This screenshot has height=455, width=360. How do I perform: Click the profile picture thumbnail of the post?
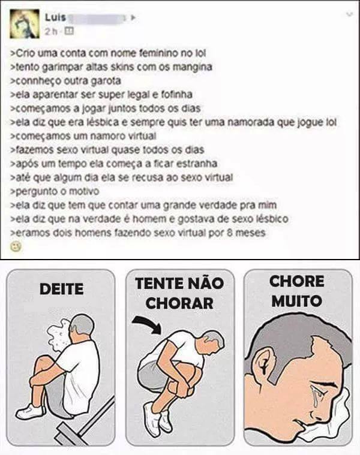point(25,24)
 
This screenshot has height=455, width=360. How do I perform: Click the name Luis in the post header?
point(55,18)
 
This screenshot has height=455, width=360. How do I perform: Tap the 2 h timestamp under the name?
point(51,31)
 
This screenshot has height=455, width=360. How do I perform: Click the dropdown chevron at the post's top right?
point(350,14)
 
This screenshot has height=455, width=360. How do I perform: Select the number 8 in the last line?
point(230,233)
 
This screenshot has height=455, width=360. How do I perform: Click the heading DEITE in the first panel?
point(62,289)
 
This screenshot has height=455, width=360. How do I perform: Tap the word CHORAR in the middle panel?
point(180,303)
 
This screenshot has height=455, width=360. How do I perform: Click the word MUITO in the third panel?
point(297,301)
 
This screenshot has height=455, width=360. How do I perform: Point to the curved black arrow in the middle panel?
point(148,323)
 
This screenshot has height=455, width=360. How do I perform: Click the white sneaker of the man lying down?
point(30,411)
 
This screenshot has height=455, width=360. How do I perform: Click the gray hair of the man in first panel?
point(83,324)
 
